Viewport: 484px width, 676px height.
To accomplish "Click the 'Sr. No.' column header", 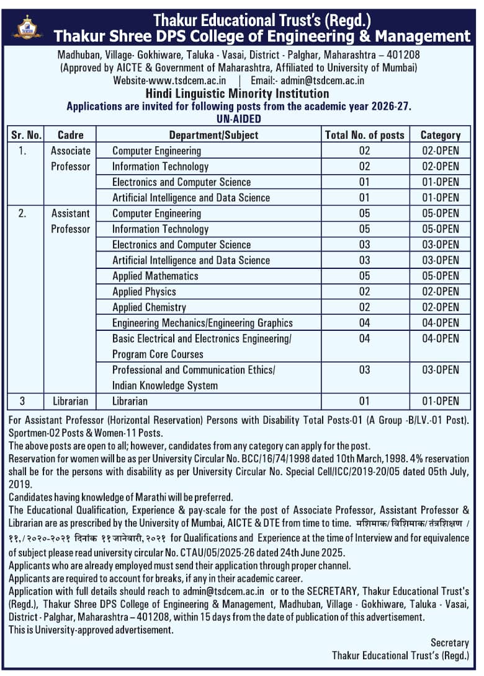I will pyautogui.click(x=26, y=134).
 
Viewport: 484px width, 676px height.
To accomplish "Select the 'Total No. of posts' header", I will pyautogui.click(x=364, y=134).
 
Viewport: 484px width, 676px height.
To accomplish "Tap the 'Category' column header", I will pyautogui.click(x=441, y=134).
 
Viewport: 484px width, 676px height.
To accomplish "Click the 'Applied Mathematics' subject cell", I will pyautogui.click(x=155, y=276).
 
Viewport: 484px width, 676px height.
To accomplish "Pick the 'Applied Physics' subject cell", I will pyautogui.click(x=144, y=291).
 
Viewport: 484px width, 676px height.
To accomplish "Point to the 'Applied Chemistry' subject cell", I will pyautogui.click(x=149, y=307).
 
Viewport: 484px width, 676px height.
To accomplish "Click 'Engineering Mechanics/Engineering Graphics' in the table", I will pyautogui.click(x=202, y=323).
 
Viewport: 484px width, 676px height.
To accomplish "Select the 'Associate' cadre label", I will pyautogui.click(x=71, y=151).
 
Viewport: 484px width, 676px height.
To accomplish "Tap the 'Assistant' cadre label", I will pyautogui.click(x=71, y=213).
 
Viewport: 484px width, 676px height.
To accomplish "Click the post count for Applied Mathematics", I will pyautogui.click(x=364, y=276).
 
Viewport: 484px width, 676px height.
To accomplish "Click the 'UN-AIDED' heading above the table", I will pyautogui.click(x=239, y=118).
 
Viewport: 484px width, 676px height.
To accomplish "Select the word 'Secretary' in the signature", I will pyautogui.click(x=450, y=643).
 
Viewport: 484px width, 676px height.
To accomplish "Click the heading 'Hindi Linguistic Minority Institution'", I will pyautogui.click(x=238, y=94).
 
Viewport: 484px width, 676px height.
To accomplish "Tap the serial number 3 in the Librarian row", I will pyautogui.click(x=22, y=402).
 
